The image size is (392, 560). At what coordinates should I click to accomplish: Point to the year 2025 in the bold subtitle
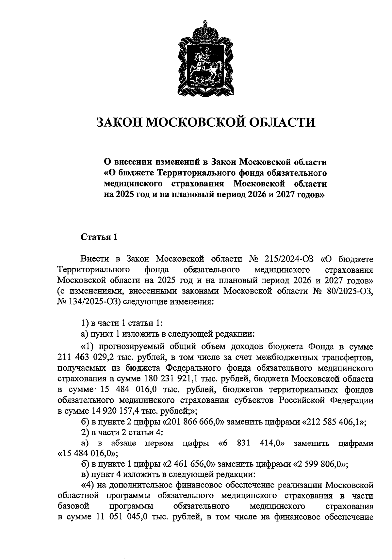(127, 195)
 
